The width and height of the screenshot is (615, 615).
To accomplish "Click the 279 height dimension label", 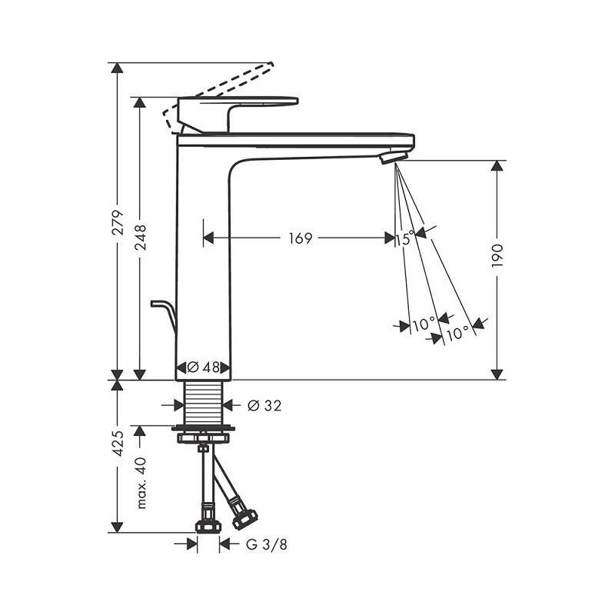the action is tap(118, 222).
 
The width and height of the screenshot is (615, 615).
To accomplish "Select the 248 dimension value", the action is tap(140, 238).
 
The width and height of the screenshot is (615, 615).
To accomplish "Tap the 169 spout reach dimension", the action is tap(301, 238).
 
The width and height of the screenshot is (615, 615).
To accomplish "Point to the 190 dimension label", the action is tap(497, 256).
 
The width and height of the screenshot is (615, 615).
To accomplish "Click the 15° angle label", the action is tap(404, 238).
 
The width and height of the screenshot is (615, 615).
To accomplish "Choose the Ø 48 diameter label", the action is tap(203, 367).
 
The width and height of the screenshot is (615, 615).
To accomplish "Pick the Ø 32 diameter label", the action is tap(264, 406).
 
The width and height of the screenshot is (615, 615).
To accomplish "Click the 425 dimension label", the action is tap(118, 444).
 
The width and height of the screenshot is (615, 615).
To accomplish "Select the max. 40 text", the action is tap(141, 483).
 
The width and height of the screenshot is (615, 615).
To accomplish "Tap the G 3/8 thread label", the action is tap(266, 544).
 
